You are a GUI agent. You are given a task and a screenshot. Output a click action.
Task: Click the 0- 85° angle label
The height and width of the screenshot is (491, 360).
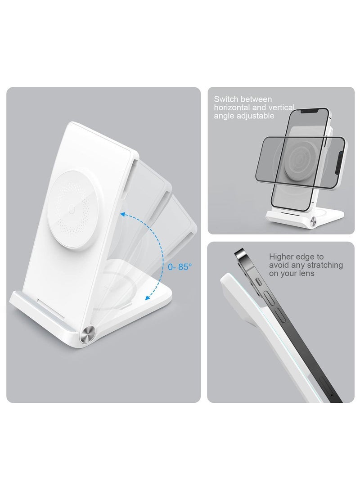pos(180,267)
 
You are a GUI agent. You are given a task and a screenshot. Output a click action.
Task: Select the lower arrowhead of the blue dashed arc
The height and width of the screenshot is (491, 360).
pos(148,297)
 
